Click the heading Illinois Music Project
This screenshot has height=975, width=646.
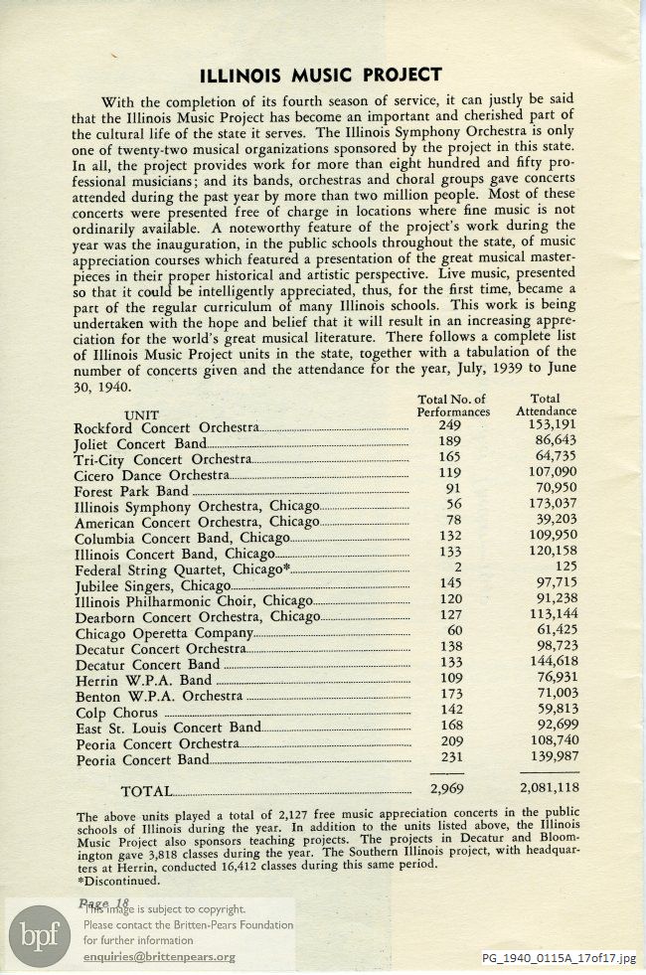[x=320, y=75]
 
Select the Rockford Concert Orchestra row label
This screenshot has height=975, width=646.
[x=166, y=427]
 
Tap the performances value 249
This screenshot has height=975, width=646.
[x=449, y=426]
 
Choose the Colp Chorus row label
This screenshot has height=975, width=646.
[x=115, y=713]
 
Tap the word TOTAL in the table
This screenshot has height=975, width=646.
[x=145, y=791]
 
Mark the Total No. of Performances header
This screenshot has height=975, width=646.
[x=453, y=405]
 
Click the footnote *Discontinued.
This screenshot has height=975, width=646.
[x=117, y=880]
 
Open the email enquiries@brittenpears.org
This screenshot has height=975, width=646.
[x=159, y=957]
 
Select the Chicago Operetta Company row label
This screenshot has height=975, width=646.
[x=164, y=633]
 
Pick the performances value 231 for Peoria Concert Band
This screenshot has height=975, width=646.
[x=449, y=759]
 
